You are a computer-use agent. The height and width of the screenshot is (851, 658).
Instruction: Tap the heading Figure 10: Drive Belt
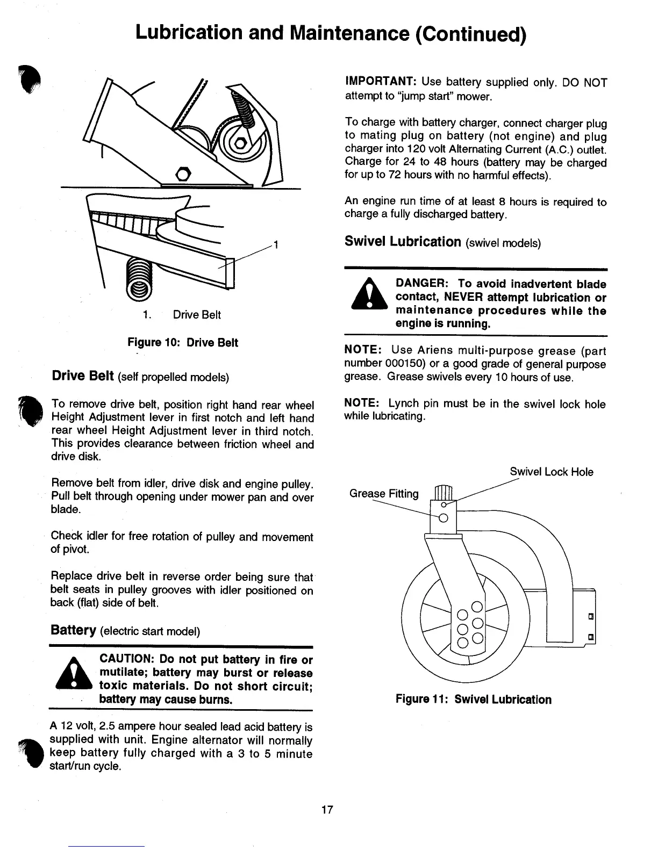pyautogui.click(x=182, y=343)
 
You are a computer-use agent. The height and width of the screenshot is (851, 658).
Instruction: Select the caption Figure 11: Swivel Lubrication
pyautogui.click(x=473, y=699)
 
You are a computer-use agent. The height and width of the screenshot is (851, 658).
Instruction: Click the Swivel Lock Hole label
pyautogui.click(x=551, y=472)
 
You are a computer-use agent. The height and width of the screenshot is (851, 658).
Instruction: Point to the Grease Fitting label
pyautogui.click(x=384, y=494)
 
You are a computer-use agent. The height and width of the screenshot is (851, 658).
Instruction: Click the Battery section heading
pyautogui.click(x=73, y=630)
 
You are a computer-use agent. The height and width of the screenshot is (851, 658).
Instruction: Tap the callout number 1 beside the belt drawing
pyautogui.click(x=276, y=246)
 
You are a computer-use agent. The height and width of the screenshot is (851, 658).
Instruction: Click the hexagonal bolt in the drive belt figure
pyautogui.click(x=183, y=174)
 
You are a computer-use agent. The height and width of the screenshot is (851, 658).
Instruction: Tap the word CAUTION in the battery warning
pyautogui.click(x=127, y=660)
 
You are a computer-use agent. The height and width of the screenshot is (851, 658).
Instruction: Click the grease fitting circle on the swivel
pyautogui.click(x=444, y=518)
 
